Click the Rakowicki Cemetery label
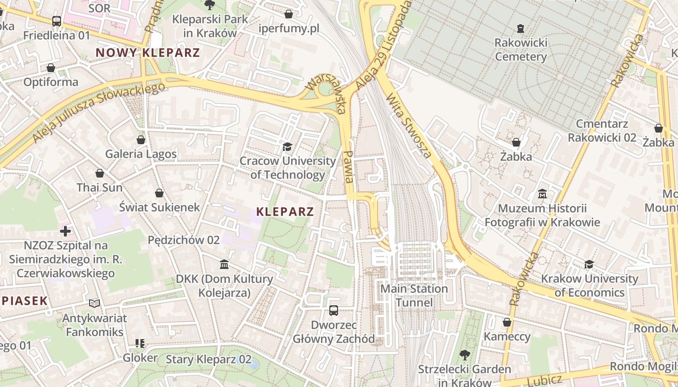point(521,50)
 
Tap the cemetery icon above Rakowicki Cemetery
point(521,29)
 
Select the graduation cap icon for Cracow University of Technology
point(288,147)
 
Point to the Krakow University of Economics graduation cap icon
point(589,264)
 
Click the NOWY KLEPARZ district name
point(148,53)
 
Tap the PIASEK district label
point(24,301)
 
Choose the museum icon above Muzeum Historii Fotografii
point(542,194)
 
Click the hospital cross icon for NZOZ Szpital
point(65,231)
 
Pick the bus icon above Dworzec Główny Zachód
point(334,311)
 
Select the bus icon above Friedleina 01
point(57,21)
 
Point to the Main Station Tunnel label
point(414,296)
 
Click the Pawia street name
point(348,166)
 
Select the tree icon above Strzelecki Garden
point(464,355)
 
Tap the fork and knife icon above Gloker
point(140,343)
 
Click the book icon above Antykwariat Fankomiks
point(94,303)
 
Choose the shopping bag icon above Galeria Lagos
point(141,140)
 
